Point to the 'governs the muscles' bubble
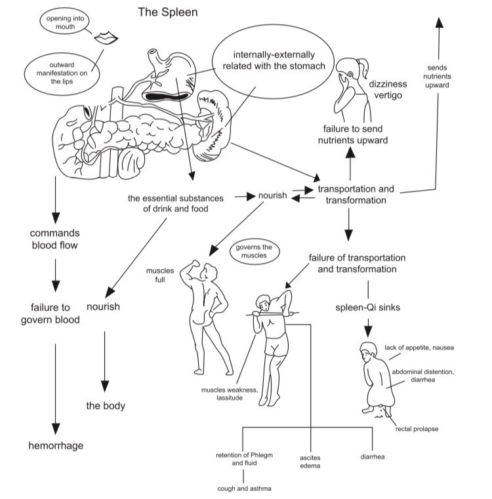click(253, 252)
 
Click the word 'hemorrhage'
click(56, 446)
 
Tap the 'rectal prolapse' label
click(417, 429)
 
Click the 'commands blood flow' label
click(55, 240)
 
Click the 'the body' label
click(106, 406)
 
